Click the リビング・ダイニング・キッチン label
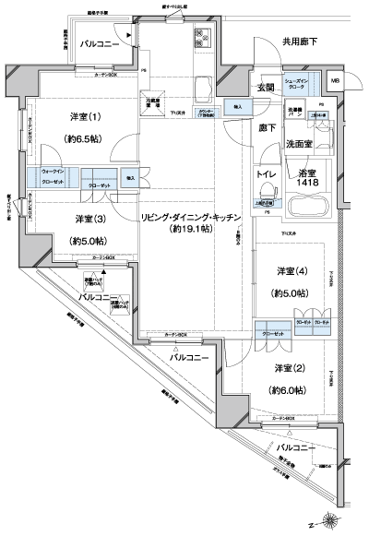pos(191,217)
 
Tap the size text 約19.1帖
pos(191,233)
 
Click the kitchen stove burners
pos(200,39)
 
